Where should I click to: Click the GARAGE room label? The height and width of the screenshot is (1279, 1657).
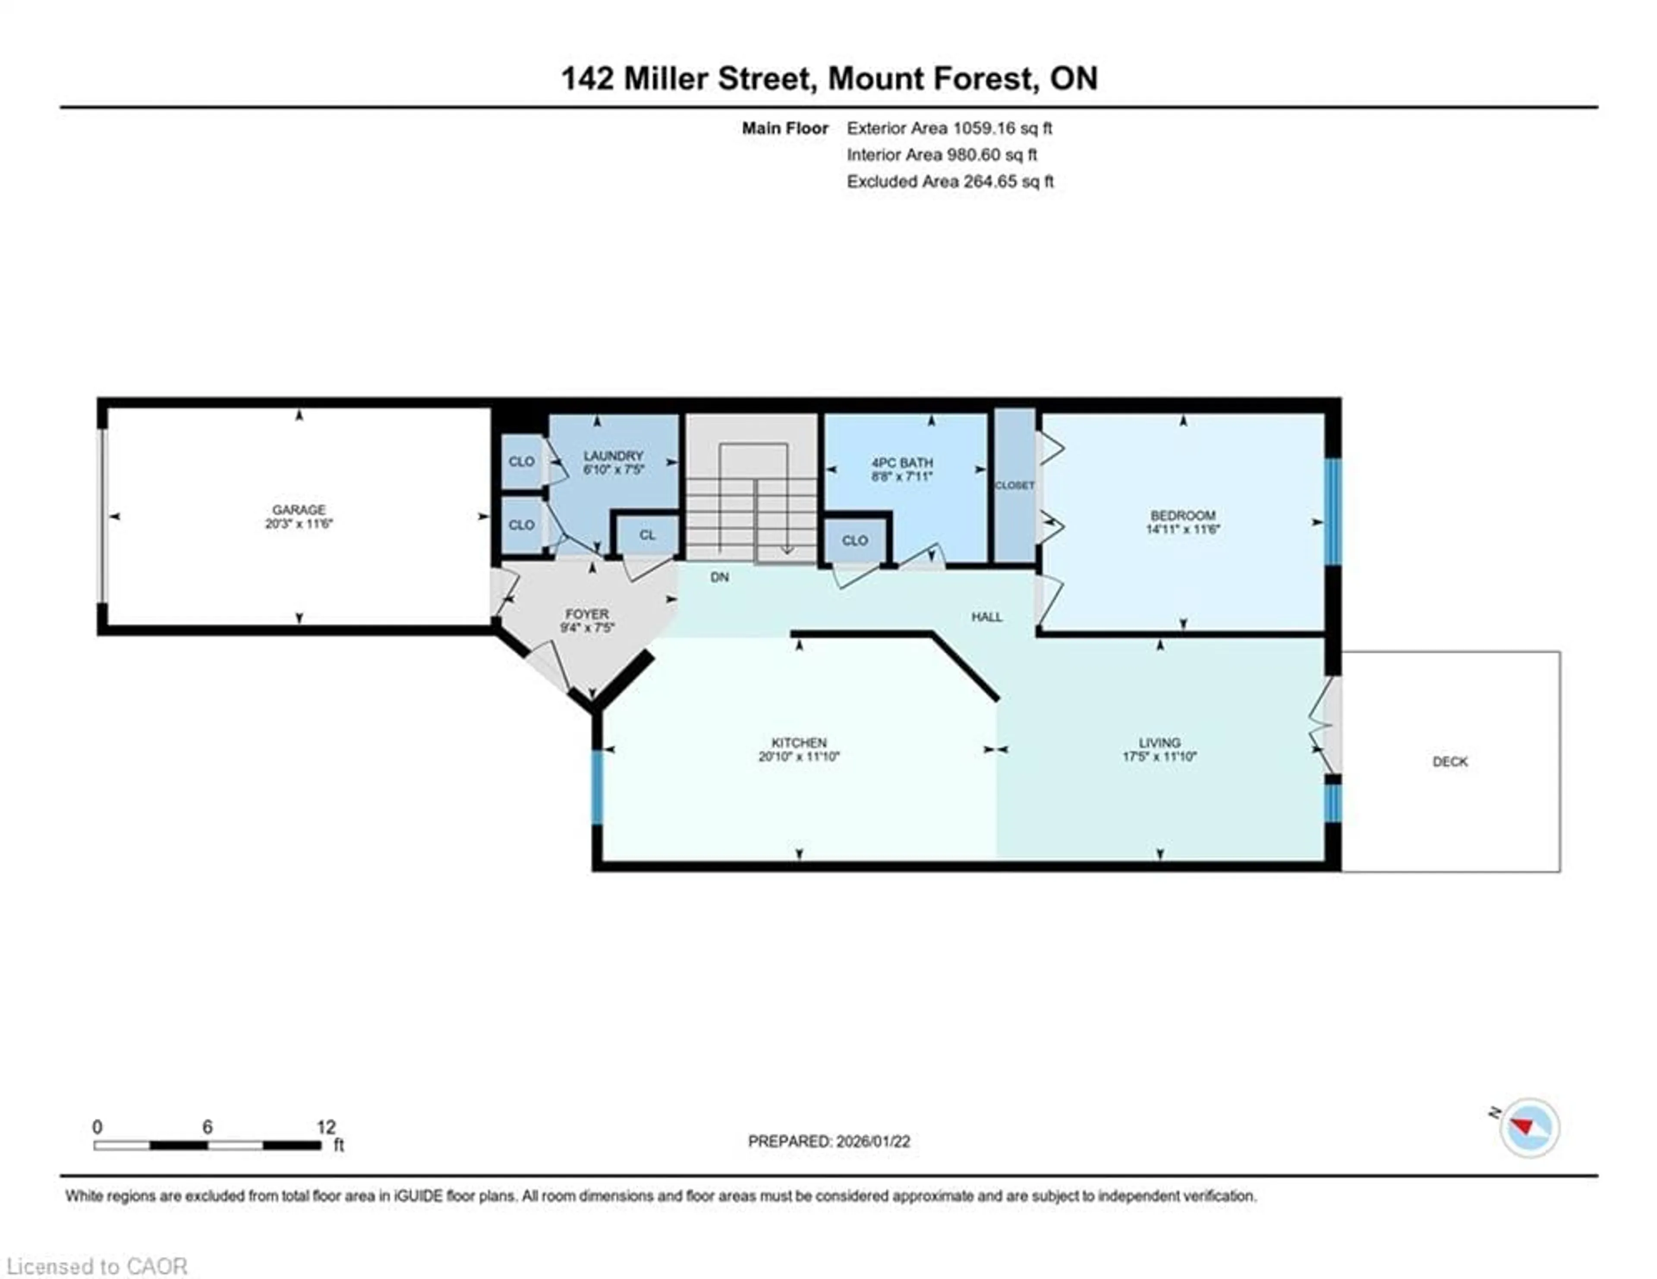(299, 510)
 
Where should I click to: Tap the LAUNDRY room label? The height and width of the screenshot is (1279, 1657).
(613, 455)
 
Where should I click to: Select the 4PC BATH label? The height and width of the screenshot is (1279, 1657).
(901, 462)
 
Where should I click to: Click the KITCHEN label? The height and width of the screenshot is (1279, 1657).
(799, 742)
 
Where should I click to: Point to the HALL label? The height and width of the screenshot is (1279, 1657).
(986, 617)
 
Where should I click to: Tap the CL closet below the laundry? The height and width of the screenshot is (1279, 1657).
(646, 535)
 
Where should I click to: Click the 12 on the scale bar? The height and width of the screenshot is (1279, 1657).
(325, 1127)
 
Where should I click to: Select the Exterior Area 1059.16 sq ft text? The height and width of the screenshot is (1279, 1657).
(949, 128)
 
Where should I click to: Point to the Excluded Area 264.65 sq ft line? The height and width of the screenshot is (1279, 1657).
(950, 181)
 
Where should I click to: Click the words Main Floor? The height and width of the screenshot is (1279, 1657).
(784, 128)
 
